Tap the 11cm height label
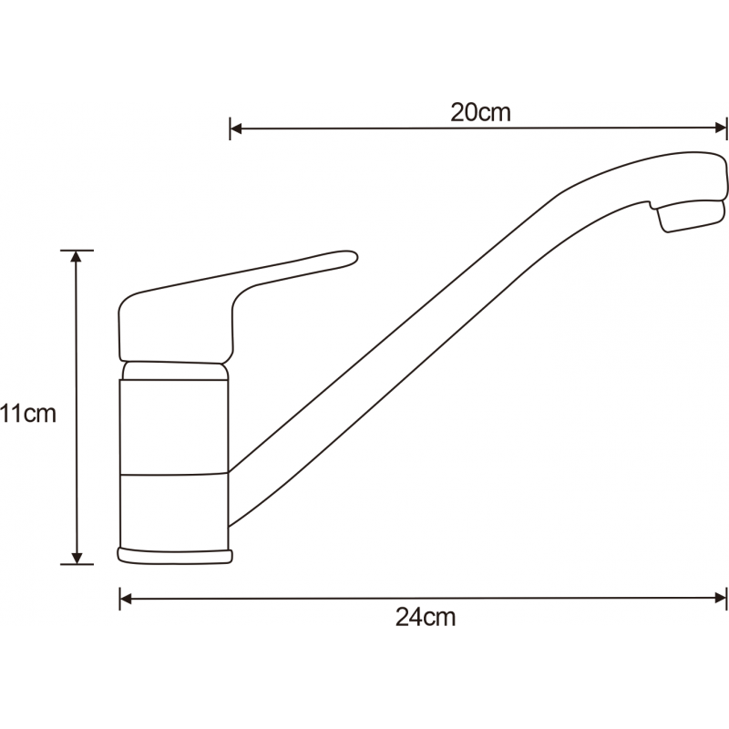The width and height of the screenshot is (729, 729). tap(29, 415)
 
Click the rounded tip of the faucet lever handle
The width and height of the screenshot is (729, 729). tap(346, 259)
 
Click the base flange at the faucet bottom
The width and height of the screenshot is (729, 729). tap(175, 555)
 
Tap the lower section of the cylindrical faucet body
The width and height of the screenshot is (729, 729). tap(174, 510)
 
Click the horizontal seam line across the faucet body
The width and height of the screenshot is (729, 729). tap(174, 474)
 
